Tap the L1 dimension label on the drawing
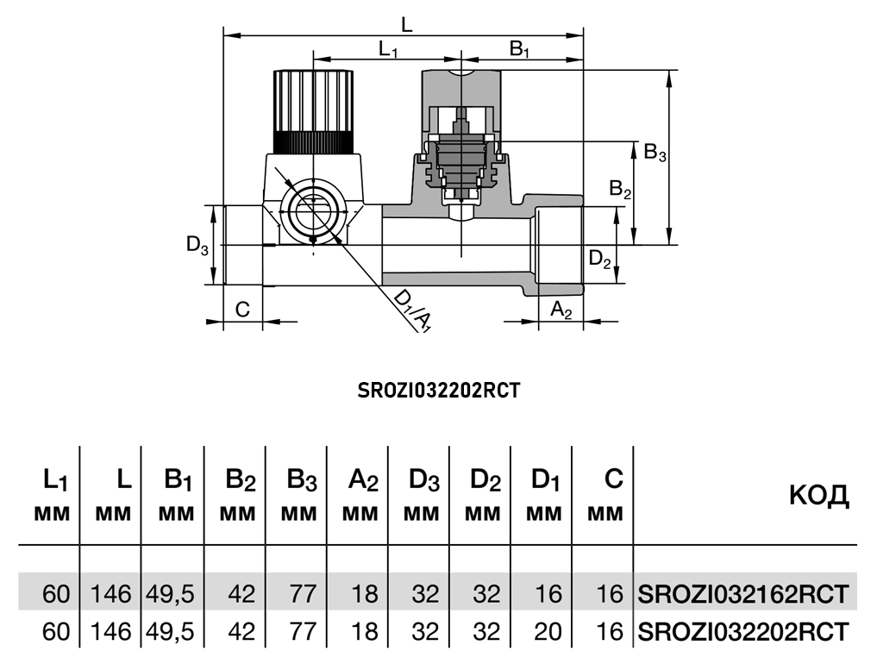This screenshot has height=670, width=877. (x=388, y=50)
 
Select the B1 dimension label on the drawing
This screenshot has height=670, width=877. (x=519, y=50)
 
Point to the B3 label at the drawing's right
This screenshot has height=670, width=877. (x=655, y=153)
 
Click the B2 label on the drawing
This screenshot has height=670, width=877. (x=620, y=188)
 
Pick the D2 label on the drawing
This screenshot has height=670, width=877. (x=599, y=258)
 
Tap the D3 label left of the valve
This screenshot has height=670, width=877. (x=197, y=245)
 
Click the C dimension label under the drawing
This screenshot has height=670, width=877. (x=243, y=309)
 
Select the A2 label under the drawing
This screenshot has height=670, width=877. (x=561, y=309)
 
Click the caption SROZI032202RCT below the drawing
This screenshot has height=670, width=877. (x=439, y=390)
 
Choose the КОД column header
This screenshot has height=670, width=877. (x=818, y=496)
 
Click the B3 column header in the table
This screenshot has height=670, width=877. (x=298, y=496)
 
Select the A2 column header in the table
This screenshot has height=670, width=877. (x=359, y=496)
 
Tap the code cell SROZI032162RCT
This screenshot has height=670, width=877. (x=743, y=593)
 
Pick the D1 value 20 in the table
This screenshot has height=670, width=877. (x=548, y=631)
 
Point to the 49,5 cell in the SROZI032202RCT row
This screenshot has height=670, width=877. (x=172, y=631)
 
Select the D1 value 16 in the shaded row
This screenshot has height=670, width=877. (x=548, y=593)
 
